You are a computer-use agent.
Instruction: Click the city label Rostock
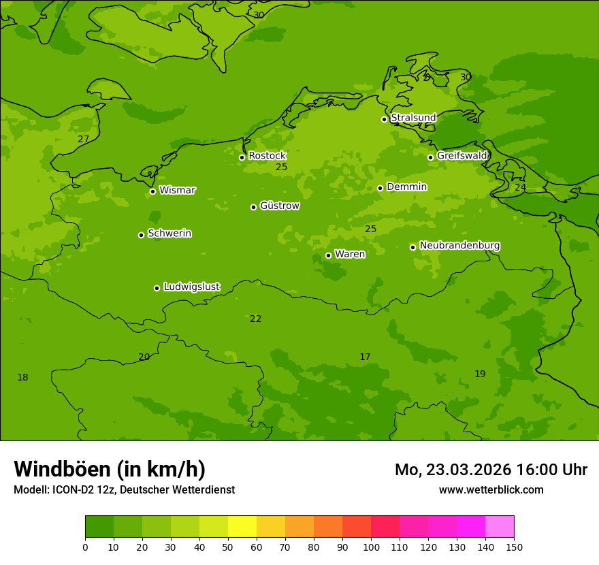(x=267, y=156)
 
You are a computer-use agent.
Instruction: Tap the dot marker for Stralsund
(x=384, y=119)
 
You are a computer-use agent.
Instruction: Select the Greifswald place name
(x=462, y=156)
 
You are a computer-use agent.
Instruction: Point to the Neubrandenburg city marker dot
(x=412, y=247)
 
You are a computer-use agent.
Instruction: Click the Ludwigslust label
(x=191, y=287)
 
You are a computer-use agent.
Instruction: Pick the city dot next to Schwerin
(x=141, y=235)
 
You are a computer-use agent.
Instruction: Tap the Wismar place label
(x=177, y=191)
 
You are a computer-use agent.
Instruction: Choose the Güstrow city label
(x=279, y=206)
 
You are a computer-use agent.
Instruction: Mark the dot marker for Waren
(x=328, y=255)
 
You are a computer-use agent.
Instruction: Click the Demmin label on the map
(x=406, y=187)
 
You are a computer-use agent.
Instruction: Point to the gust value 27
(x=83, y=140)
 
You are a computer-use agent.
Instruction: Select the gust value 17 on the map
(x=365, y=357)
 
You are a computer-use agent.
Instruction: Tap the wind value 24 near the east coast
(x=520, y=188)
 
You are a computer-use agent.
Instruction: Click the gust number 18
(x=22, y=378)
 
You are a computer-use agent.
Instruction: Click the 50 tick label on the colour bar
(x=228, y=547)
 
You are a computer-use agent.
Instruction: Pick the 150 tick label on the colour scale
(x=514, y=547)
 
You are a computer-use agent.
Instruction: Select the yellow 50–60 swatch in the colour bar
(x=242, y=527)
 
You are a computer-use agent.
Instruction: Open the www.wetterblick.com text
(x=491, y=490)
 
